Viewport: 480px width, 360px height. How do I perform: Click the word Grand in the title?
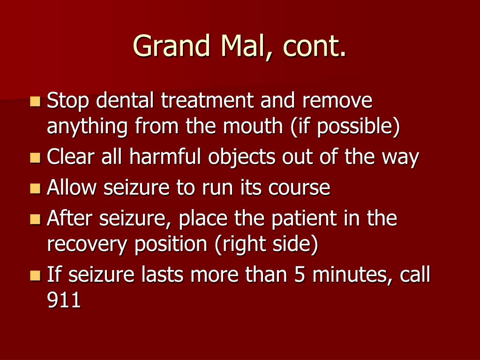(x=172, y=45)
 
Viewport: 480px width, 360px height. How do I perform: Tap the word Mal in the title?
(x=243, y=45)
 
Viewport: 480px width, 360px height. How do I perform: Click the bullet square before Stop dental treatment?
(x=35, y=101)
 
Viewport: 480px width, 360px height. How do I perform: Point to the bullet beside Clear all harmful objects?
(x=35, y=157)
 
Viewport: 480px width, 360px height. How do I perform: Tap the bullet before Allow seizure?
(x=35, y=188)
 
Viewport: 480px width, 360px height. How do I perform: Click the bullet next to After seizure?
(x=35, y=219)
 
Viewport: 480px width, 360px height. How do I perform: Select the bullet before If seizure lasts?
(x=35, y=275)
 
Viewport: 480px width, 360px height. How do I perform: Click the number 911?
(x=64, y=300)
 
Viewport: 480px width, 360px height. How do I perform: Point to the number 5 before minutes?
(x=300, y=274)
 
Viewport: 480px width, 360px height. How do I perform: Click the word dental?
(x=125, y=100)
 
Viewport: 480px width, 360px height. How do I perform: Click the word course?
(x=299, y=188)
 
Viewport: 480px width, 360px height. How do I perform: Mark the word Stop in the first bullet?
(x=68, y=101)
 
